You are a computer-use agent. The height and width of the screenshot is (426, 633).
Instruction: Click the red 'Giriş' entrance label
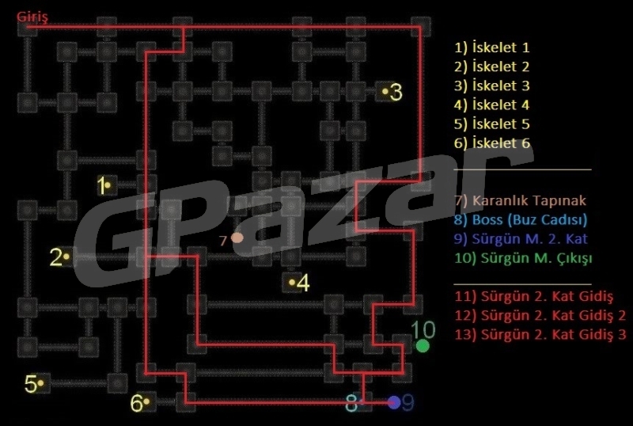(32, 17)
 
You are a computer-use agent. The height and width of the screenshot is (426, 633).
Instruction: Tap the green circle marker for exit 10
(423, 346)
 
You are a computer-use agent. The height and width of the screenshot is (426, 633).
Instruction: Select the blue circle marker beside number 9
(393, 402)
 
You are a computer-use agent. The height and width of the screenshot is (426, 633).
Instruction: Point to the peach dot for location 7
(237, 238)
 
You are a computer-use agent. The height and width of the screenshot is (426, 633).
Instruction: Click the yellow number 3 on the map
(396, 92)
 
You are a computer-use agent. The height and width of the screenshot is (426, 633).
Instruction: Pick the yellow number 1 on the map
(101, 185)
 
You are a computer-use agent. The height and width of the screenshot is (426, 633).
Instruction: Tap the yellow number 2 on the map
(55, 257)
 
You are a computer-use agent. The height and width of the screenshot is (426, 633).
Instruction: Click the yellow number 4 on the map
(303, 283)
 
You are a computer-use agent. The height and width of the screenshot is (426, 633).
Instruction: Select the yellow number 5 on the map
(31, 383)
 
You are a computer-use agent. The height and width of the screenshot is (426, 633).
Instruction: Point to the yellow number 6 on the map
(136, 403)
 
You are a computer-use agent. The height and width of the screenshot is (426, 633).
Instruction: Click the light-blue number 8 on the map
(351, 402)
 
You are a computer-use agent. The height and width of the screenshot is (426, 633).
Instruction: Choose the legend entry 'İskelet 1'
(491, 48)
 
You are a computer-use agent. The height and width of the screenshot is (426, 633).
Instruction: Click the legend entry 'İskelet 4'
(491, 105)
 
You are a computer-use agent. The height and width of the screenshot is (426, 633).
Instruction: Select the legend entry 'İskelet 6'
(491, 143)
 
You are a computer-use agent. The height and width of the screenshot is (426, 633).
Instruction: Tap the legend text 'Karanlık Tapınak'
(529, 200)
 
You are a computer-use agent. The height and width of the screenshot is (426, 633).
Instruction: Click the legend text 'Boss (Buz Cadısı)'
(529, 220)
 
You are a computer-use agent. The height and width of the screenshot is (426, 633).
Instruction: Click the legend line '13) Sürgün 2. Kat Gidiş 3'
(540, 335)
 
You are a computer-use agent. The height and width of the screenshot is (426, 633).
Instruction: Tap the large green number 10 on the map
(423, 330)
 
